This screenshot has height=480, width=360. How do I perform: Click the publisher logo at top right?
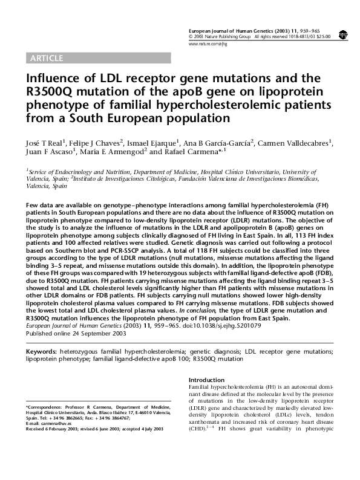pos(343,35)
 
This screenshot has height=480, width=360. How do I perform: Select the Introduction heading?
pos(207,380)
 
